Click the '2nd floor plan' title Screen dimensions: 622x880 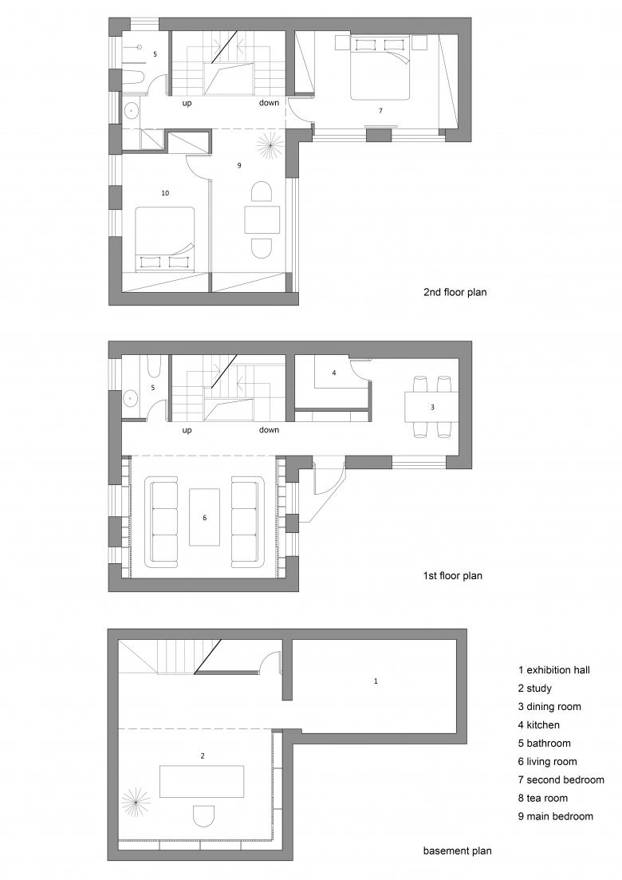click(x=455, y=292)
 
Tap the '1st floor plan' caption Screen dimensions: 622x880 click(x=453, y=575)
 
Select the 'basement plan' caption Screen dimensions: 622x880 click(x=457, y=850)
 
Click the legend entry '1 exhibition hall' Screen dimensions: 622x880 click(x=554, y=669)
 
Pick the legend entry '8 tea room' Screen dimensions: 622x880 click(x=543, y=798)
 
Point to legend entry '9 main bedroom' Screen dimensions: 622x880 click(x=555, y=816)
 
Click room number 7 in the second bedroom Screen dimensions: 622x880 click(x=380, y=111)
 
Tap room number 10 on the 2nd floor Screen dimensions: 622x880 click(x=165, y=193)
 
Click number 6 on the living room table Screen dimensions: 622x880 click(x=205, y=518)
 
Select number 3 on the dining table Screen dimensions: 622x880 click(x=432, y=408)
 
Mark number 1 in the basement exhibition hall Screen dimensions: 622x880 click(x=376, y=681)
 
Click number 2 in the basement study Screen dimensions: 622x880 click(x=203, y=756)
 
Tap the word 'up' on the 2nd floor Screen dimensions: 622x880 click(x=187, y=103)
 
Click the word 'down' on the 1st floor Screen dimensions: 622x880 click(x=270, y=430)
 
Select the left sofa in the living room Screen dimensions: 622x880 click(x=162, y=522)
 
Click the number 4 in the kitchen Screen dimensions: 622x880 click(x=333, y=373)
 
